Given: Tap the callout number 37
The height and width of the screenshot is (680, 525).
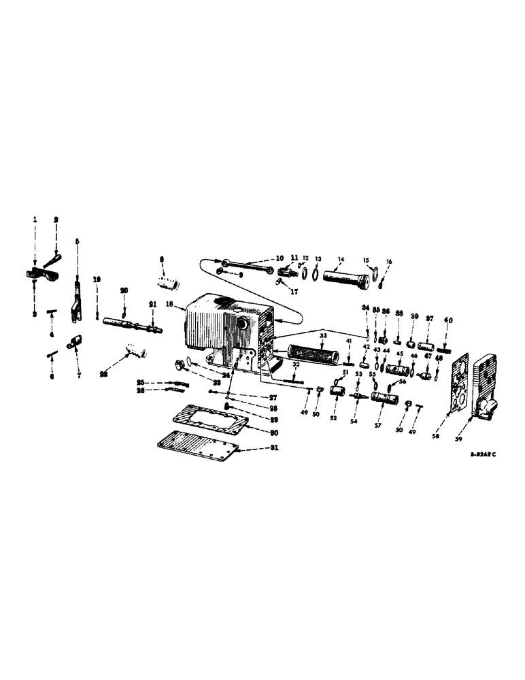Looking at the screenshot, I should (429, 318).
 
